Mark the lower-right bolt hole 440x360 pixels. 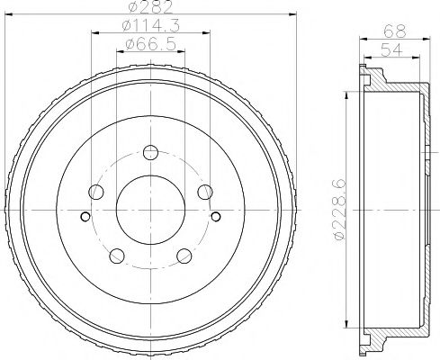184,255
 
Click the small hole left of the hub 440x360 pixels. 85,215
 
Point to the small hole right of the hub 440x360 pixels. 216,215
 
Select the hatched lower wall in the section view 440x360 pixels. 396,340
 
